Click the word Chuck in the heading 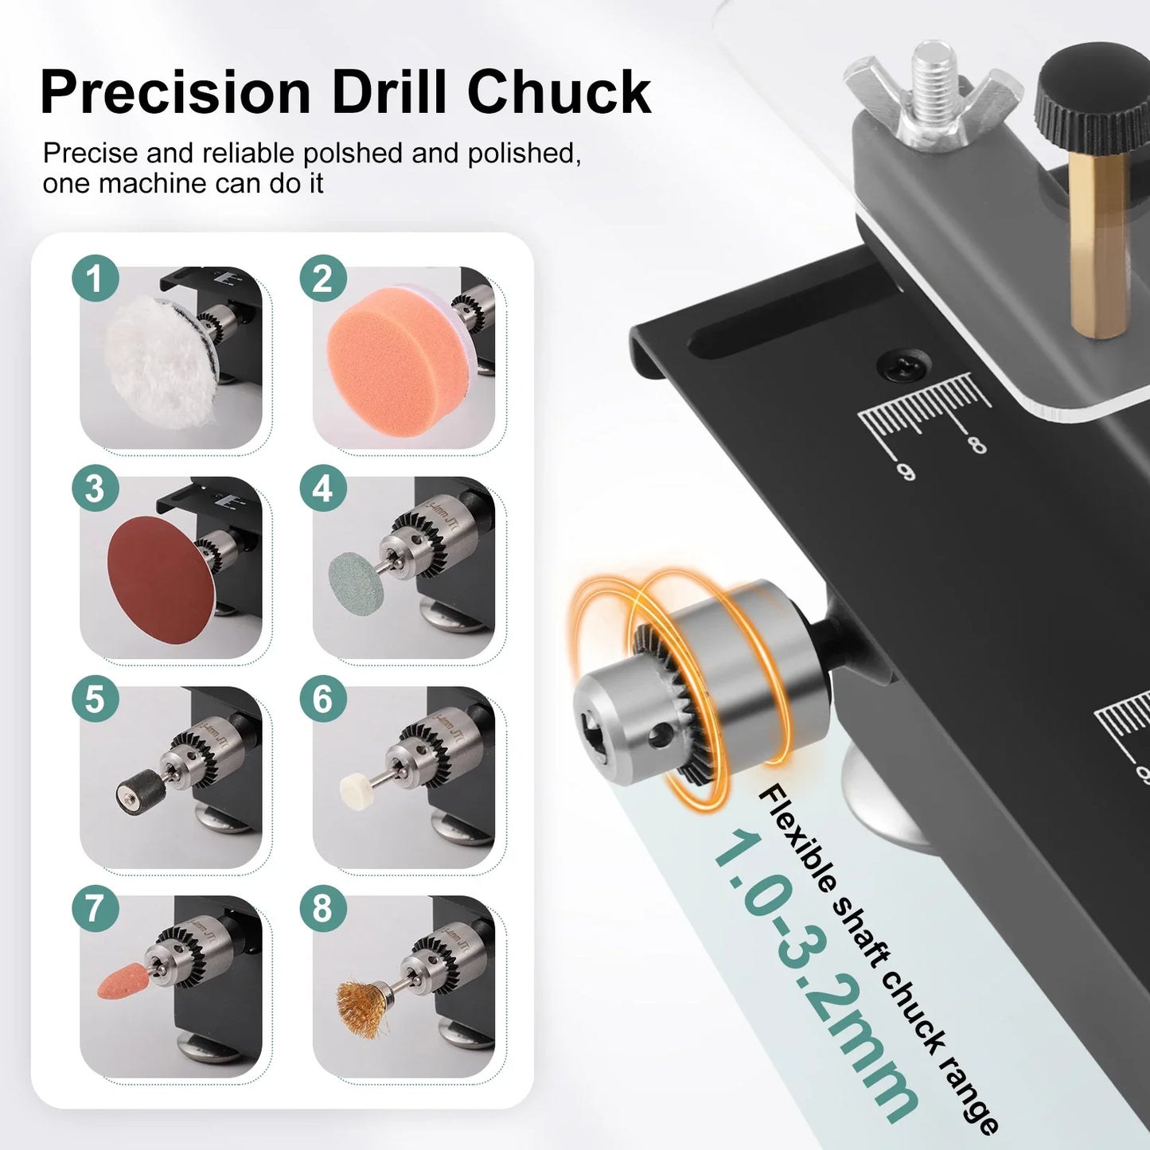tap(559, 93)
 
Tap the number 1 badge tap(95, 279)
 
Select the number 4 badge tap(322, 489)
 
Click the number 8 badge tap(322, 908)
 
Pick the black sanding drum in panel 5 tap(138, 793)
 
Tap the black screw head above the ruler tap(904, 365)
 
